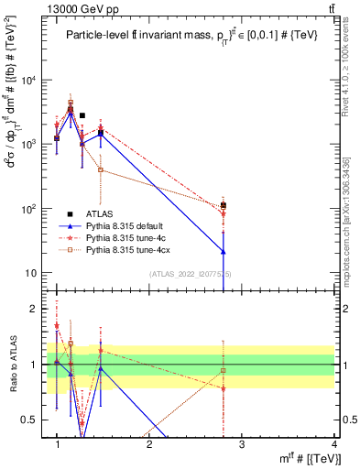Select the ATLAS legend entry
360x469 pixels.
[x=112, y=211]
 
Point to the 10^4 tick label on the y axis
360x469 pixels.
[x=29, y=81]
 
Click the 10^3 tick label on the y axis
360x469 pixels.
[x=29, y=145]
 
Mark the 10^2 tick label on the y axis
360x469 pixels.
[x=29, y=209]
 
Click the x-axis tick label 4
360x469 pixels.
[x=333, y=444]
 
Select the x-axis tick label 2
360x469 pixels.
[x=149, y=444]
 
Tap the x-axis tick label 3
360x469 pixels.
[x=241, y=444]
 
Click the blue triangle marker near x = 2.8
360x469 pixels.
[x=224, y=251]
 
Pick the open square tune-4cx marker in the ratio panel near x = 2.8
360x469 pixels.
[x=224, y=370]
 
